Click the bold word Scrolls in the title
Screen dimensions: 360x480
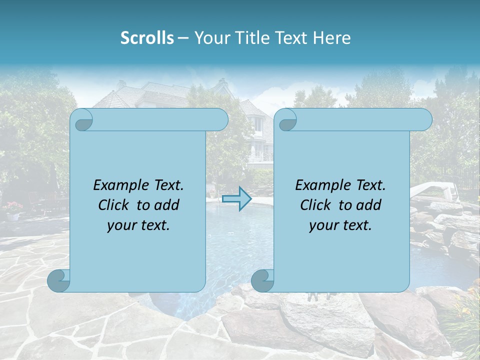tap(147, 37)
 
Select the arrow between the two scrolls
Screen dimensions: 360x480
tap(236, 198)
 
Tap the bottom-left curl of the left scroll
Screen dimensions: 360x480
tap(59, 280)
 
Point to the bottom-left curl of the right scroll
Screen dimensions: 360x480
tap(263, 280)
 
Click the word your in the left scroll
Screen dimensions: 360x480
tap(120, 225)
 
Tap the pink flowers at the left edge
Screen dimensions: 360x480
tap(13, 206)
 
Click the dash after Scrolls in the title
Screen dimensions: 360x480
tap(183, 38)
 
